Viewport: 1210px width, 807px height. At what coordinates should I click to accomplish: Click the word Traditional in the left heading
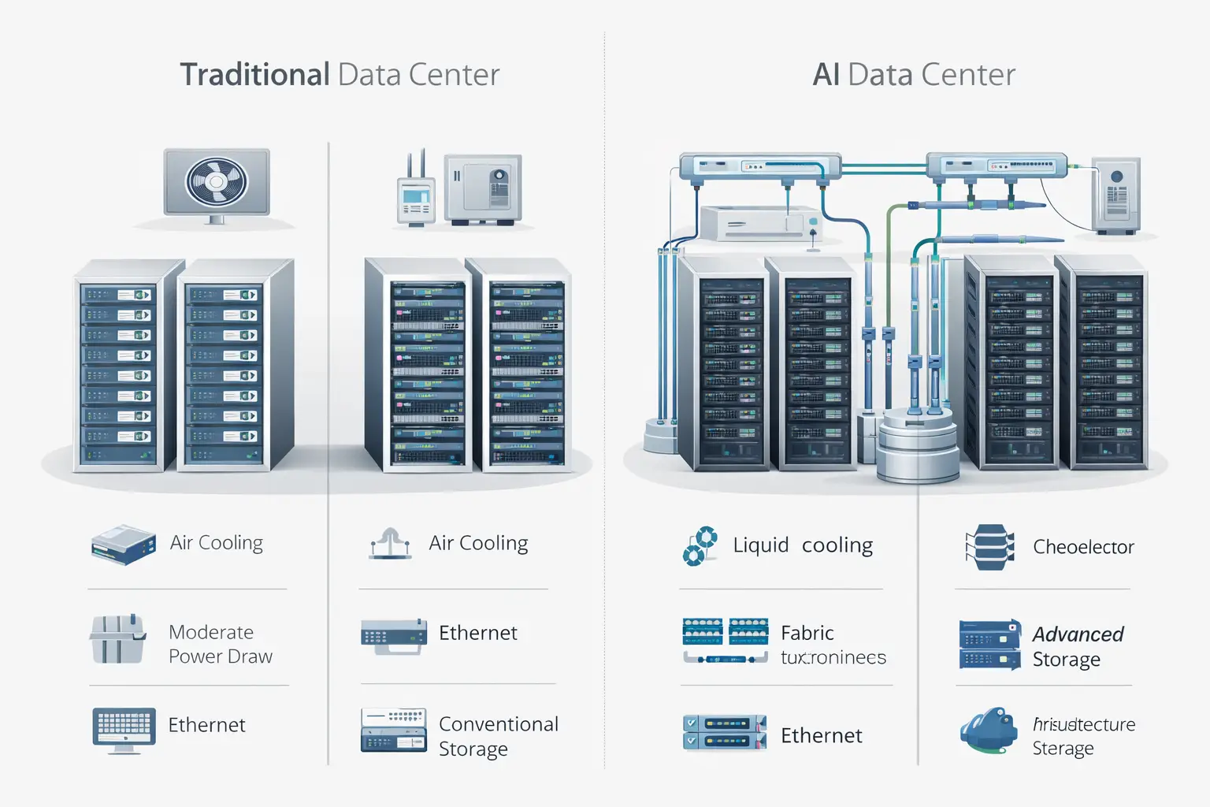pos(254,75)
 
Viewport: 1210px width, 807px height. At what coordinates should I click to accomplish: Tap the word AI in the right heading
pos(826,75)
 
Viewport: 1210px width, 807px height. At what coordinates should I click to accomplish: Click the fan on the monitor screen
pos(217,182)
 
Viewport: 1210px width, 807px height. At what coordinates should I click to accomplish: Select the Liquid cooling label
pos(803,545)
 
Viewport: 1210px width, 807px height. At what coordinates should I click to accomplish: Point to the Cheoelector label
pos(1083,547)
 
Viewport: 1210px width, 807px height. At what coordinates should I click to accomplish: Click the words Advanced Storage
pos(1077,646)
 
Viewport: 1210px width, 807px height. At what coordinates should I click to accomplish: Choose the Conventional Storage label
pos(498,736)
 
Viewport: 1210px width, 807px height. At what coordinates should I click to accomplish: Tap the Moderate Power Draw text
pos(220,644)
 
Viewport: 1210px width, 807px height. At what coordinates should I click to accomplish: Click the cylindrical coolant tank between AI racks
pos(918,445)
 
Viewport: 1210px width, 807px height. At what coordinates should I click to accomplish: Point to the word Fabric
pos(807,633)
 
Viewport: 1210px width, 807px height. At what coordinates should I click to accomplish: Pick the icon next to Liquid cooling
pos(700,546)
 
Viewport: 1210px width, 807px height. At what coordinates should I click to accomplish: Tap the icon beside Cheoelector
pos(989,547)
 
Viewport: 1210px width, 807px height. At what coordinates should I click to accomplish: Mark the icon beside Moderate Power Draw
pos(117,638)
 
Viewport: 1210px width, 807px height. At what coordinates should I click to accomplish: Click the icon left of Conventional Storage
pos(393,730)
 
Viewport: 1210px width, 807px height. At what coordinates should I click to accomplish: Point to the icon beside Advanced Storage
pos(989,645)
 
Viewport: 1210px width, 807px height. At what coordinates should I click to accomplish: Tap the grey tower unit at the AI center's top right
pos(1115,195)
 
